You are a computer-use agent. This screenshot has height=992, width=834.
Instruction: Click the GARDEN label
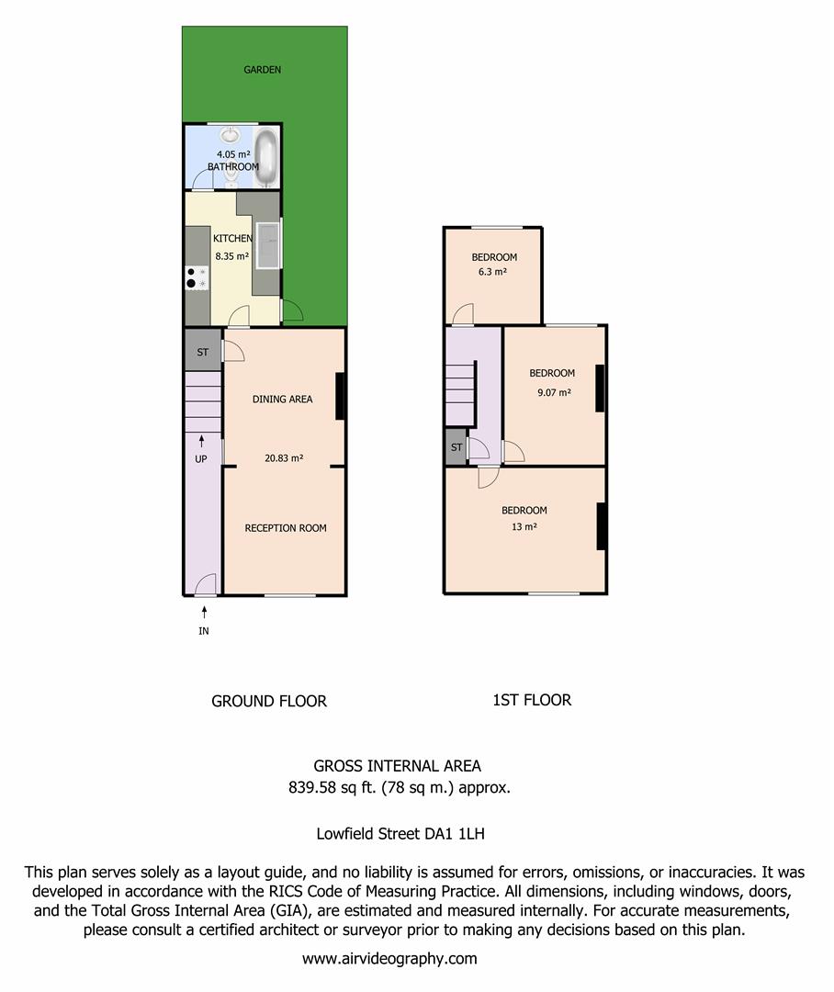[x=262, y=70]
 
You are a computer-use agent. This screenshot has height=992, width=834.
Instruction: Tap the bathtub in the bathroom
[x=266, y=156]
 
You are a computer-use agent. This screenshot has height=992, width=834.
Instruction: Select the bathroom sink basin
[x=231, y=135]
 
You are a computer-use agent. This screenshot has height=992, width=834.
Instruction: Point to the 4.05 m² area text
[x=233, y=154]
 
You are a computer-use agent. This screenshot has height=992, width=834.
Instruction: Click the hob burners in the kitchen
[x=197, y=277]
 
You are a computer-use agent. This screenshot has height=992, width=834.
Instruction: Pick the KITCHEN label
[x=232, y=239]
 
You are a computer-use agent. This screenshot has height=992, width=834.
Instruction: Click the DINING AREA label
[x=282, y=400]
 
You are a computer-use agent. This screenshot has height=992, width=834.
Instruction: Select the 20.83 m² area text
[x=284, y=458]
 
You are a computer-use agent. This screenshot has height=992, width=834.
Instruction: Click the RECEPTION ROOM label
[x=286, y=528]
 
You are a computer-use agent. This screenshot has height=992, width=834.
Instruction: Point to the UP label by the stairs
[x=200, y=459]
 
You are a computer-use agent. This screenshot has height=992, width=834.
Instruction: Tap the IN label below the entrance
[x=204, y=631]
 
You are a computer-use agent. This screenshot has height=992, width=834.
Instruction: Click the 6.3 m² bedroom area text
[x=492, y=272]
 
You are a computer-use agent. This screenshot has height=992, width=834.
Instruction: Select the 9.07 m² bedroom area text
[x=554, y=392]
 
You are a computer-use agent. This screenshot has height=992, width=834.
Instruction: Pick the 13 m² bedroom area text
[x=524, y=526]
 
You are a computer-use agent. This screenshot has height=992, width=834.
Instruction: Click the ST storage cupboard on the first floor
[x=456, y=447]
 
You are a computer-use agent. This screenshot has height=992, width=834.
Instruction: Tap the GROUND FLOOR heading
[x=269, y=701]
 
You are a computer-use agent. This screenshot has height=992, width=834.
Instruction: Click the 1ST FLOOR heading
[x=532, y=700]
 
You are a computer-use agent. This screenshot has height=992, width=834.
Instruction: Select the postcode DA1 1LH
[x=455, y=834]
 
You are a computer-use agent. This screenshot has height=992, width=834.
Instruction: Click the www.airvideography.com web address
[x=389, y=959]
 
